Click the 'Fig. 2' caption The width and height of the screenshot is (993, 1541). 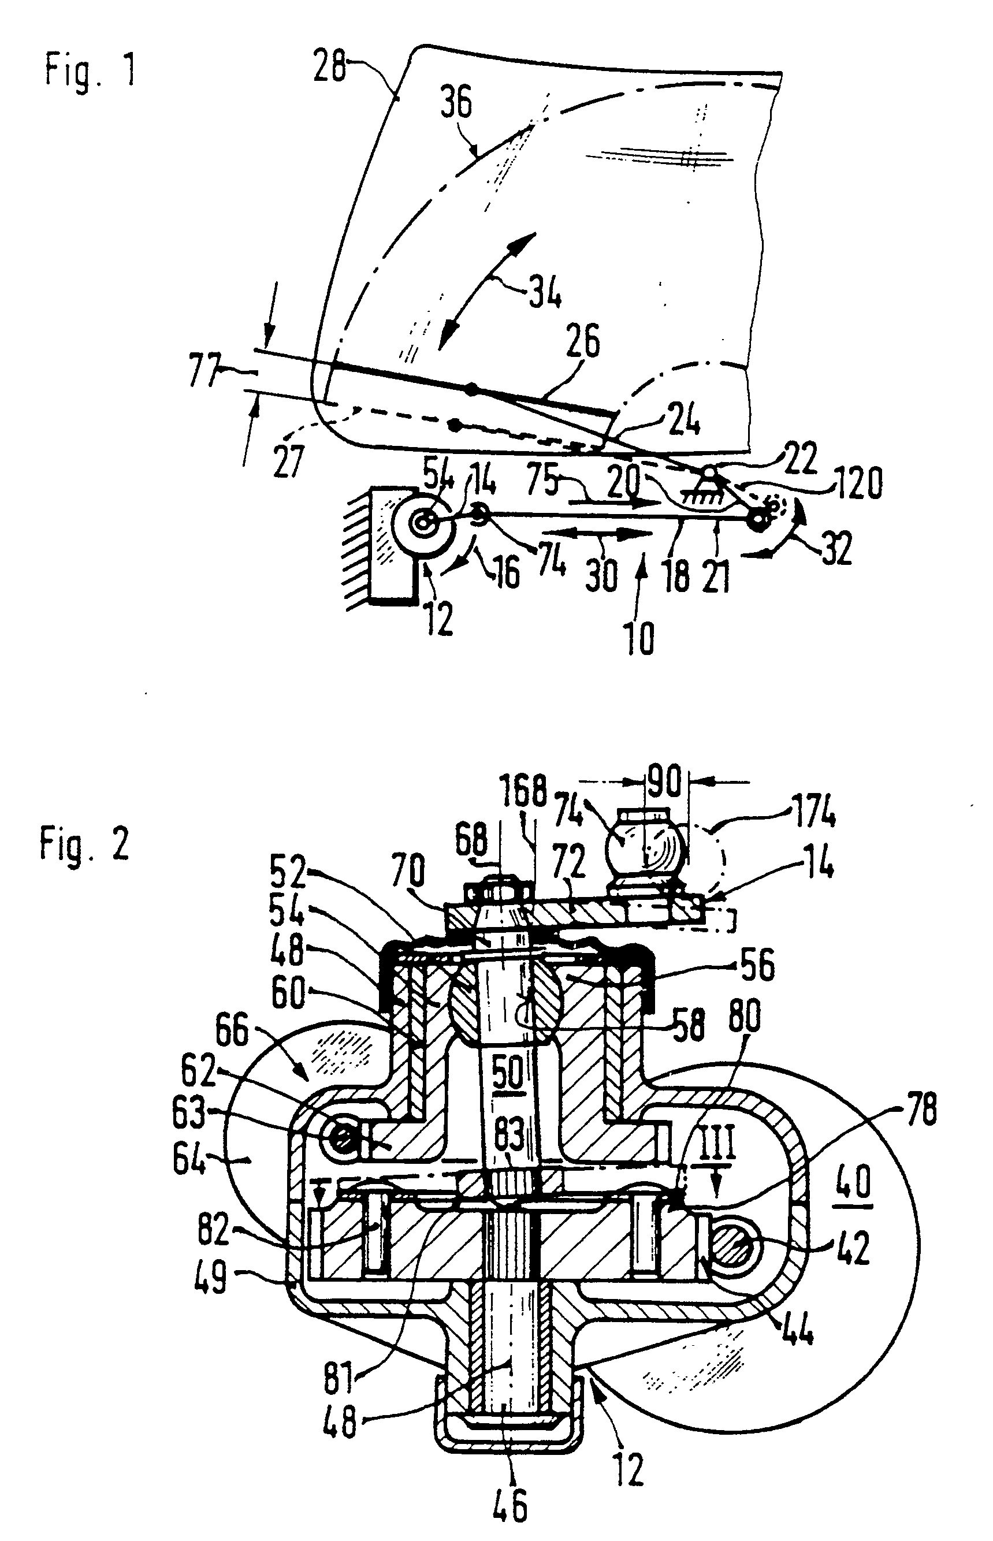click(x=84, y=844)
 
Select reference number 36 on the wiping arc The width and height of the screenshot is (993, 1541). click(x=456, y=103)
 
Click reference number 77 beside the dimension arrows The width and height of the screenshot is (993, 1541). click(x=204, y=373)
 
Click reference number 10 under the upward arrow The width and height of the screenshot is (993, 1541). click(x=639, y=638)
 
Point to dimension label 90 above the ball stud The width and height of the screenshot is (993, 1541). click(x=664, y=783)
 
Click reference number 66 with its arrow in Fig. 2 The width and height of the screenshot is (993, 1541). click(x=232, y=1033)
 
